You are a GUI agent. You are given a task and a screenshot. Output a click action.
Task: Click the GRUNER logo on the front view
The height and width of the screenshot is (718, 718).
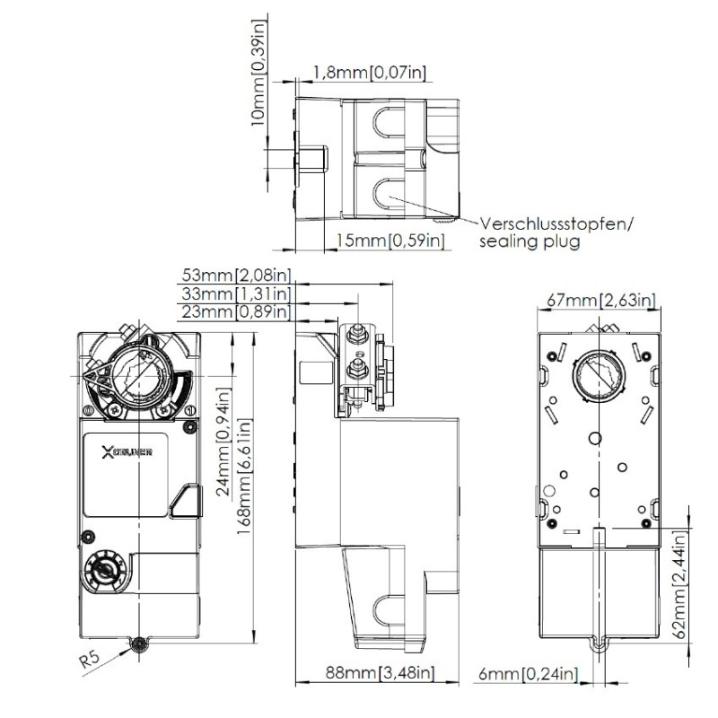[x=127, y=452]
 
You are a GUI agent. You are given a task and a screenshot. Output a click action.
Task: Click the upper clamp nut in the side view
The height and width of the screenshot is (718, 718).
[x=355, y=337]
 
